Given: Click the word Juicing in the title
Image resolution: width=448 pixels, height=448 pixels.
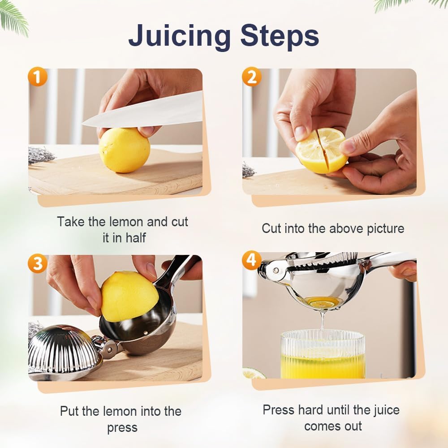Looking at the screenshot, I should click(180, 36).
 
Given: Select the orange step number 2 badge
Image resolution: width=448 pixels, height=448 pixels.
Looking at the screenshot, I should click(251, 77).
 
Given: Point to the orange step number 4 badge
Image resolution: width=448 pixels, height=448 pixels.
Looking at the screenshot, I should click(251, 260).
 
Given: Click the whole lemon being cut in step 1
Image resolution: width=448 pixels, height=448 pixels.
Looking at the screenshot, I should click(124, 150).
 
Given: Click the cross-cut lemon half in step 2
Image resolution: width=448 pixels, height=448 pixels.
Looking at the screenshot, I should click(321, 150).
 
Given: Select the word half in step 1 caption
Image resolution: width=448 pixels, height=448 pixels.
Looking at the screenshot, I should click(135, 237).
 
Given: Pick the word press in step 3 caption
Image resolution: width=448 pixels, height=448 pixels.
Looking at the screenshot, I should click(122, 427).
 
